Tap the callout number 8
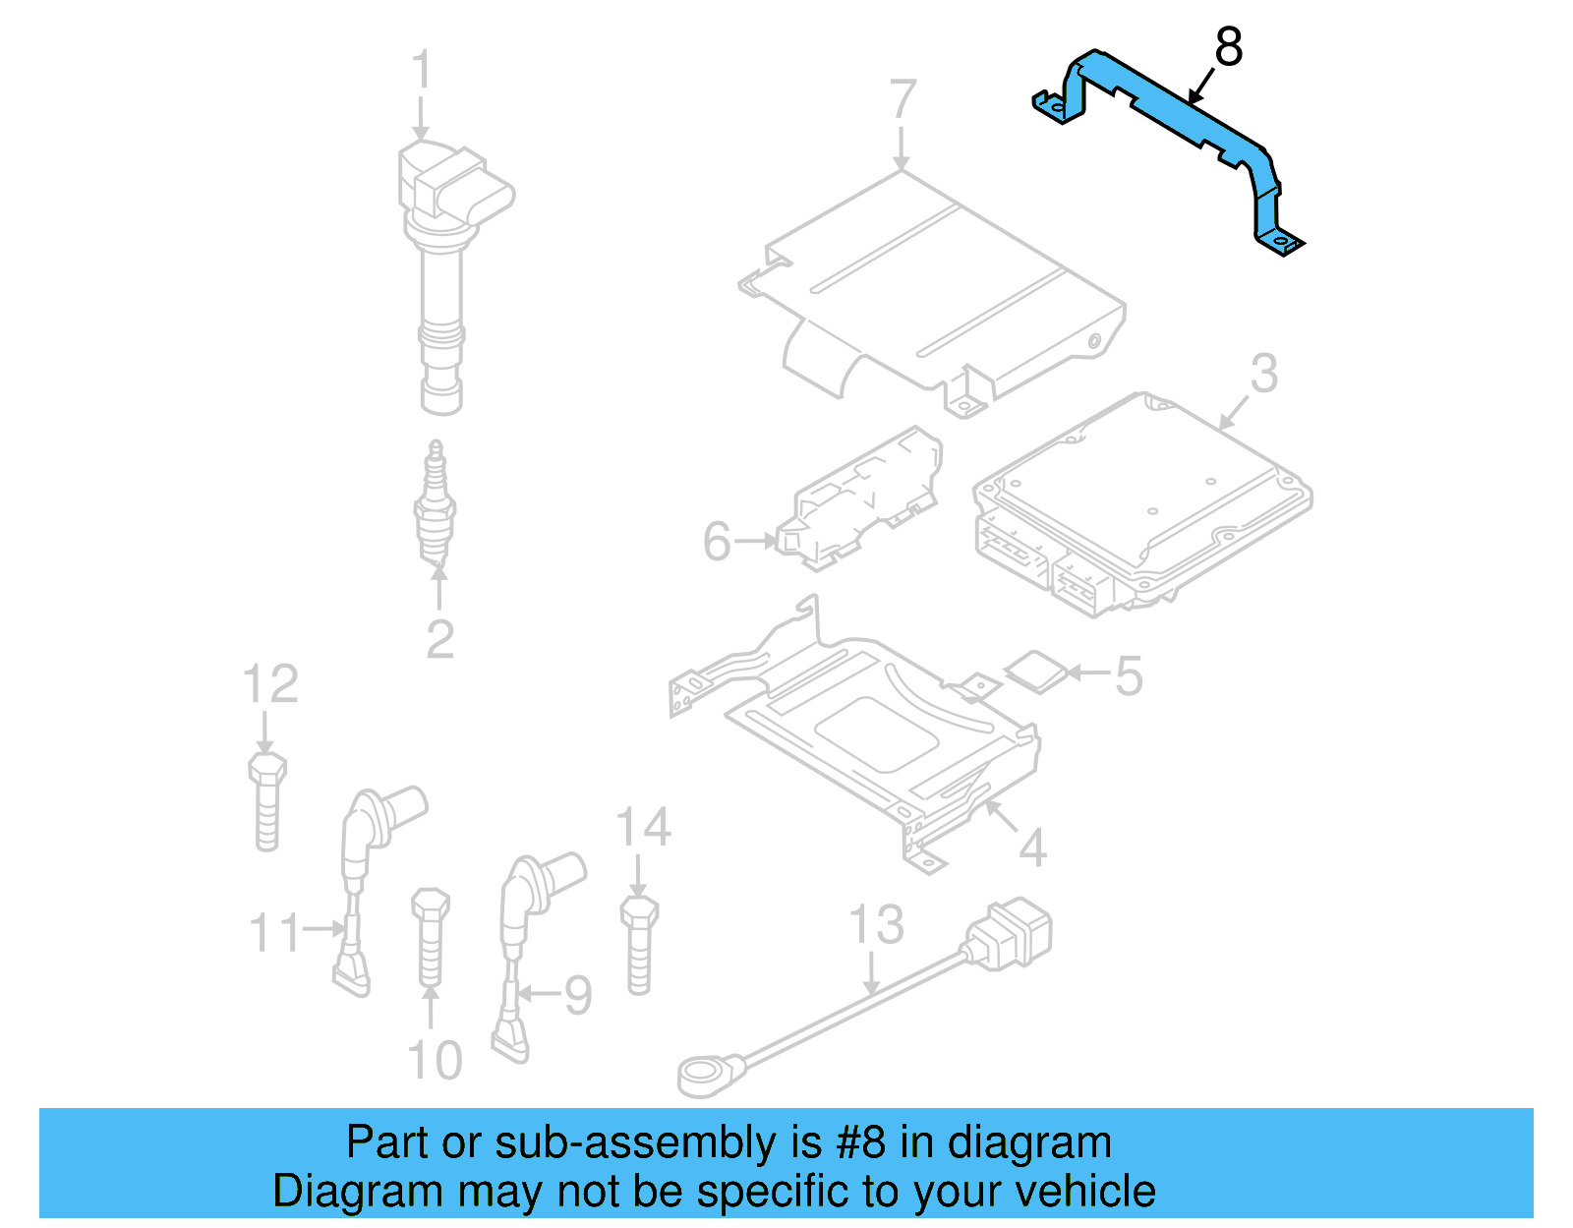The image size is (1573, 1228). pos(1229,47)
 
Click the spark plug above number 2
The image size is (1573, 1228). pos(435,506)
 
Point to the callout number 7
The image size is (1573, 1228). pos(903,99)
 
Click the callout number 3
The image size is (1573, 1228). pos(1264,374)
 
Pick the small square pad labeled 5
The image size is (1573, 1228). pos(1036,672)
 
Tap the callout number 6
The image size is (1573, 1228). pos(717,542)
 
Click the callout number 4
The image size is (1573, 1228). pos(1032,847)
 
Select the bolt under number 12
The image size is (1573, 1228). pos(266,801)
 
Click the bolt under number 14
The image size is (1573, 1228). pos(639,944)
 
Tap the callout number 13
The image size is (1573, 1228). pos(875,925)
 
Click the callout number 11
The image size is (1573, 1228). pos(274,932)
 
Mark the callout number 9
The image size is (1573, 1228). pos(577,995)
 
